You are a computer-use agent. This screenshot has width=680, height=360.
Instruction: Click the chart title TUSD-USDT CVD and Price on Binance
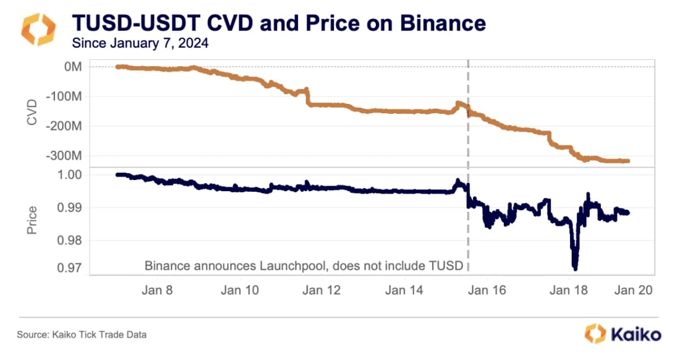click(x=279, y=24)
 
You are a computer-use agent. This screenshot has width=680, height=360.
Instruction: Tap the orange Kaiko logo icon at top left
click(x=38, y=30)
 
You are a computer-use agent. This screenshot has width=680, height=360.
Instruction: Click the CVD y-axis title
click(x=32, y=111)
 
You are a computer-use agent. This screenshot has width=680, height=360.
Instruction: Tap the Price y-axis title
click(x=32, y=220)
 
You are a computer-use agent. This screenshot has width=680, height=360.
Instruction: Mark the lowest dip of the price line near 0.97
click(x=575, y=267)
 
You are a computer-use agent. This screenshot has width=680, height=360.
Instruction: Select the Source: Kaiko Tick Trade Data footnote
click(x=82, y=335)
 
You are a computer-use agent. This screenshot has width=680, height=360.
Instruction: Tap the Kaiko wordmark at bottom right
click(x=635, y=335)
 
